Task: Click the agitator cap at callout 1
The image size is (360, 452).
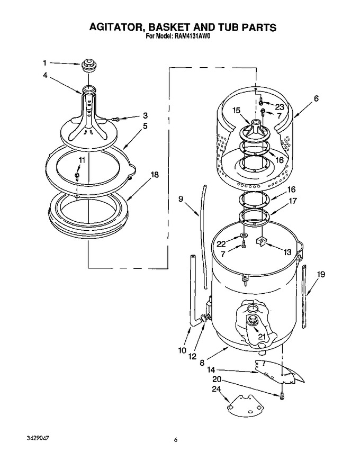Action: coord(88,66)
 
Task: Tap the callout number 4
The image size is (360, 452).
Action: coord(45,75)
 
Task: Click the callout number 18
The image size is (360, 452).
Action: coord(155,175)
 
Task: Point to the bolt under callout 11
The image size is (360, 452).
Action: coord(77,176)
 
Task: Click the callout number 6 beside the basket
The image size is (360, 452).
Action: coord(316,98)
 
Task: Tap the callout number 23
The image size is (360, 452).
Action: coord(280,107)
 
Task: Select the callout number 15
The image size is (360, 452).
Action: coord(236,111)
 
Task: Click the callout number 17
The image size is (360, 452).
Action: coord(293,201)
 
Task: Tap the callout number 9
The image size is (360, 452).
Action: coord(181,199)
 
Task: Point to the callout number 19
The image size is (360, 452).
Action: coord(321,274)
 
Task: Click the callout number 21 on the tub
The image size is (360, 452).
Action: coord(262,337)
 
